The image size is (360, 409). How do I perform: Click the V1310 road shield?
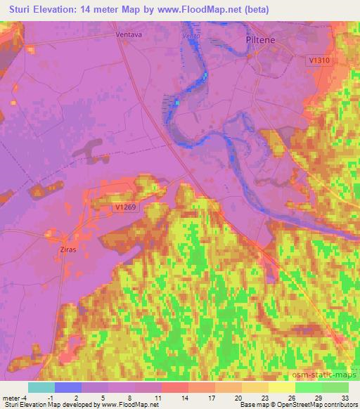pyautogui.click(x=319, y=61)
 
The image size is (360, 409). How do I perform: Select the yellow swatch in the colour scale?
pyautogui.click(x=281, y=387)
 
